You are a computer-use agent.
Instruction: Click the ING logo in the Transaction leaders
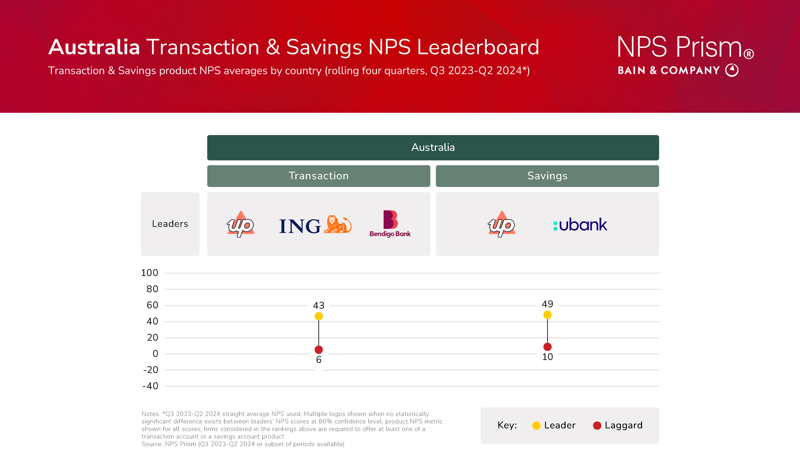315,225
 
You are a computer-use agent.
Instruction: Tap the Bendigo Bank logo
390,224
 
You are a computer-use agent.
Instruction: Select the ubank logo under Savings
580,225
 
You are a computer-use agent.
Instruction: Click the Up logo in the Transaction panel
241,224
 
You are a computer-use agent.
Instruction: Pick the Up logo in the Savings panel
502,224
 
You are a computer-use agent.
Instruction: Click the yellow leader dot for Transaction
319,316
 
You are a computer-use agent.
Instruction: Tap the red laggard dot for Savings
547,347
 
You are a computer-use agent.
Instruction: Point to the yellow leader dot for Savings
547,315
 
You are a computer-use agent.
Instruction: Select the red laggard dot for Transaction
319,349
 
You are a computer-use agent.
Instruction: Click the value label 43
319,305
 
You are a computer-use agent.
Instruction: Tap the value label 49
547,304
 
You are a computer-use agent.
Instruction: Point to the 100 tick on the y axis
150,273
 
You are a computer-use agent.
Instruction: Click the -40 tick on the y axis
150,386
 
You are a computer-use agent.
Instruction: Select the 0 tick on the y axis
155,354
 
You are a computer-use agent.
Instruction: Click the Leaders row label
170,224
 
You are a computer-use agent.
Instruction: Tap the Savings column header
547,176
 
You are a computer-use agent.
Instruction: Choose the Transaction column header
319,176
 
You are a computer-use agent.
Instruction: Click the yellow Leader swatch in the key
536,425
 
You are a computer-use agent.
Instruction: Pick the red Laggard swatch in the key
597,425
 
